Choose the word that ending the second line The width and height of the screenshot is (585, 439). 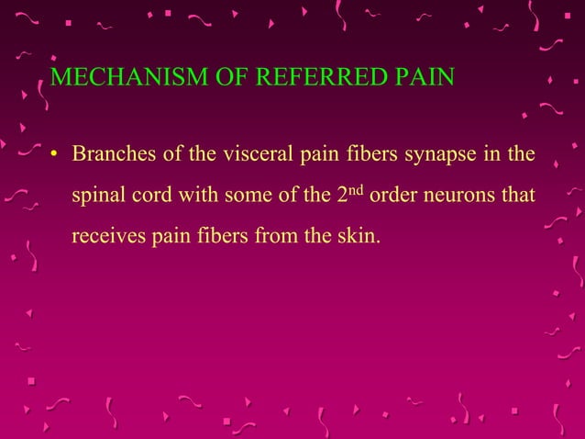click(515, 197)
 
